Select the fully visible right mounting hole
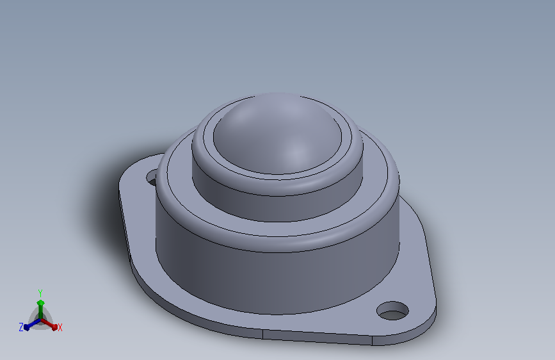click(392, 311)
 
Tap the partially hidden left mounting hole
click(152, 177)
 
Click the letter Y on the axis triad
click(40, 293)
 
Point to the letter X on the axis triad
click(60, 327)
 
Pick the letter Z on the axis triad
click(21, 327)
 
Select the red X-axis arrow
click(49, 324)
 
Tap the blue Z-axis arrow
click(32, 324)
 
